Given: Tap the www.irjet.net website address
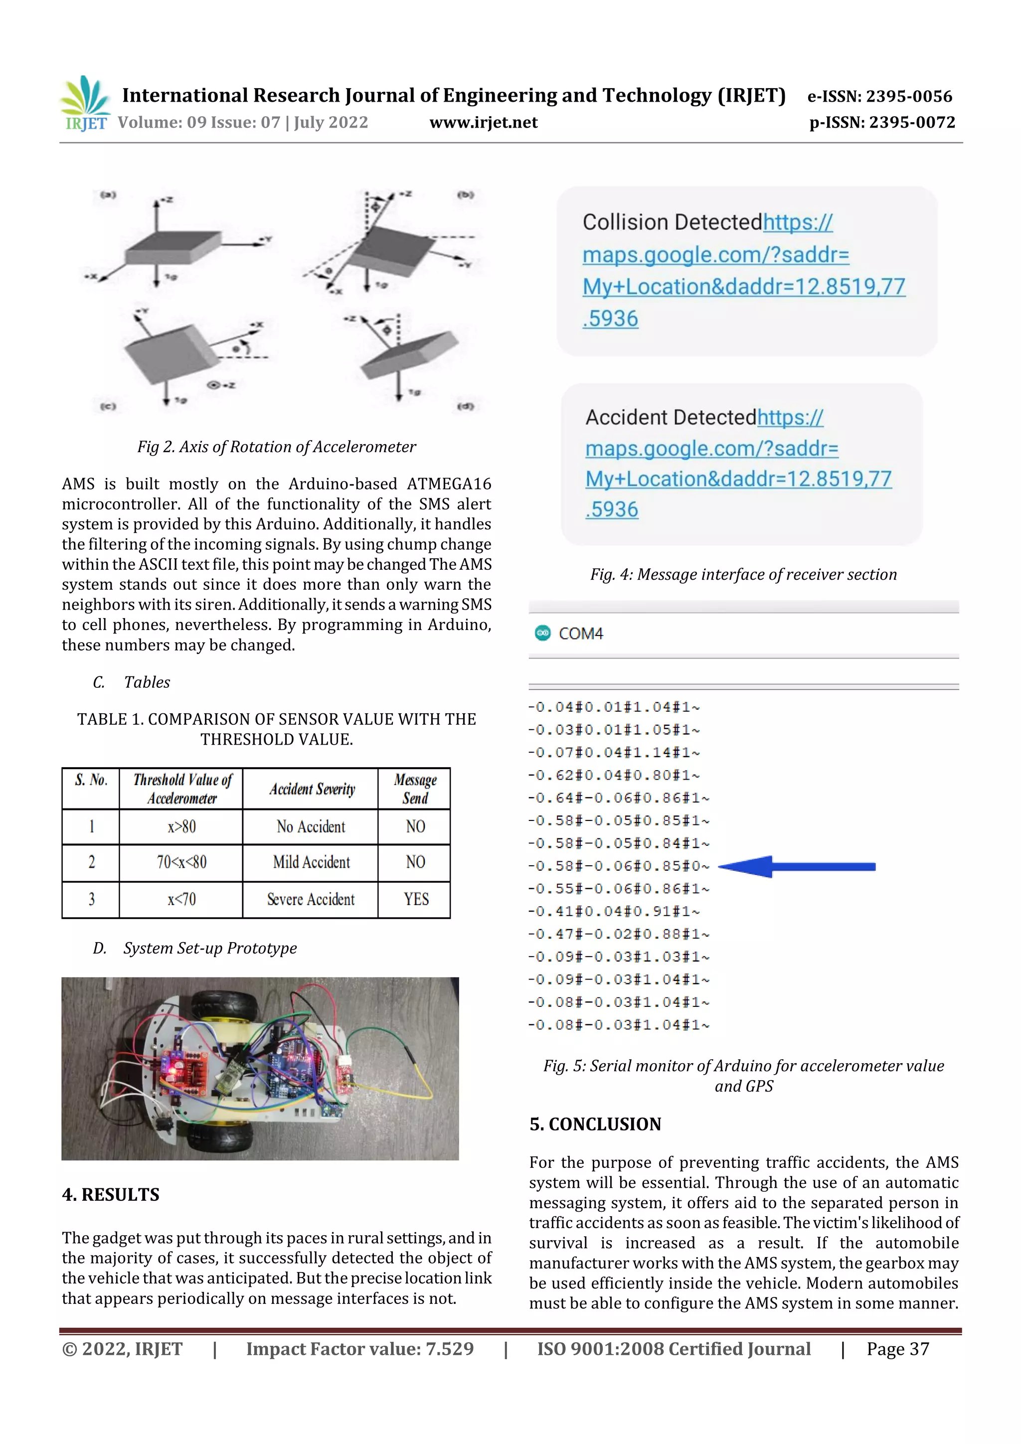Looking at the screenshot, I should pyautogui.click(x=483, y=122).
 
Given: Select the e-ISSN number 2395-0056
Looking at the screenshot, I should pyautogui.click(x=879, y=96).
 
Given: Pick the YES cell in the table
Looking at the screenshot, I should pyautogui.click(x=416, y=899).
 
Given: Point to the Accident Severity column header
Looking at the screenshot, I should pyautogui.click(x=312, y=789).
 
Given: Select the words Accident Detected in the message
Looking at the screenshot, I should pyautogui.click(x=670, y=418).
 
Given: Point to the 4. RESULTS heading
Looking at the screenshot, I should pyautogui.click(x=110, y=1194).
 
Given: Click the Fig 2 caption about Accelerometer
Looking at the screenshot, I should pyautogui.click(x=276, y=447).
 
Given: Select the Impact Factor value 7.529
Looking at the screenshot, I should pyautogui.click(x=359, y=1349).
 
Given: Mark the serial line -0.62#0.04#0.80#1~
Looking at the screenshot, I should pyautogui.click(x=613, y=776).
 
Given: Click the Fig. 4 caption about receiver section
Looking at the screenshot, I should pyautogui.click(x=743, y=574).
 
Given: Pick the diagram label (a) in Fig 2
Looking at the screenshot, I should pyautogui.click(x=108, y=195).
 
